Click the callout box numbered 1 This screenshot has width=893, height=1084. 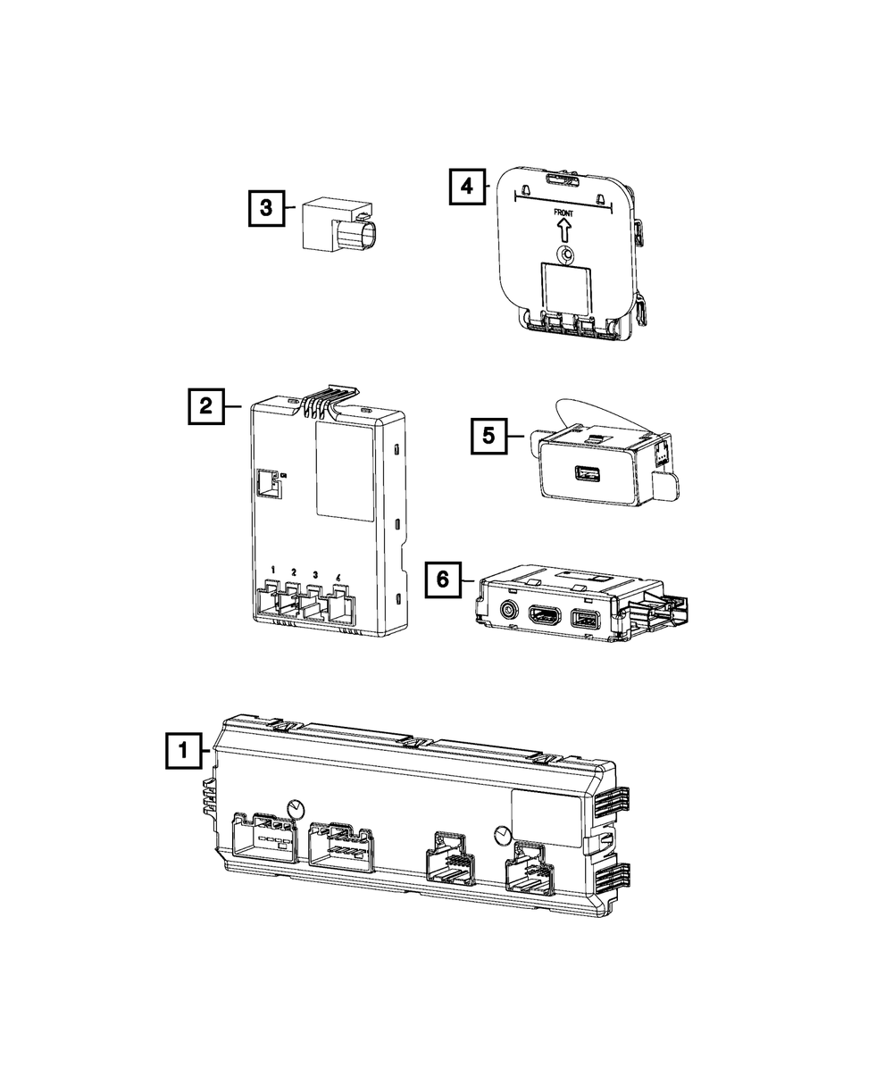184,750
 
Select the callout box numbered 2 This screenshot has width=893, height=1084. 206,406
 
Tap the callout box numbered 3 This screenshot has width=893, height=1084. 266,208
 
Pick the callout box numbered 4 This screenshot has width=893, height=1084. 467,186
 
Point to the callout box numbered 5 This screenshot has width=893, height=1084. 488,436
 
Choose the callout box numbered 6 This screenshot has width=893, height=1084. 443,579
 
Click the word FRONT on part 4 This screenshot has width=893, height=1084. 563,213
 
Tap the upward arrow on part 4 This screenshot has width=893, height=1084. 563,230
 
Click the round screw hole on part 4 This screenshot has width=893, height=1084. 566,254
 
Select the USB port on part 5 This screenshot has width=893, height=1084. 587,473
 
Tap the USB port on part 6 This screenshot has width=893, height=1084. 585,618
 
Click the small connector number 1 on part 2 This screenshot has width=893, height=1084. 273,571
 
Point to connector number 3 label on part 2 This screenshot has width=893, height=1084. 315,575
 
